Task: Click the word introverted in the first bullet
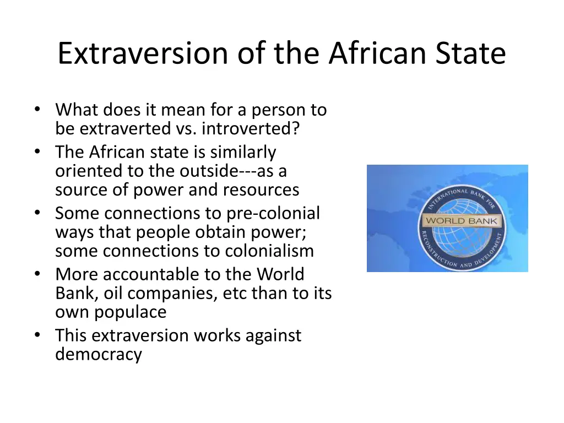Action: pyautogui.click(x=250, y=129)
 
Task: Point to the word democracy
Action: pyautogui.click(x=98, y=354)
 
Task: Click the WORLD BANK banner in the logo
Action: pyautogui.click(x=461, y=221)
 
